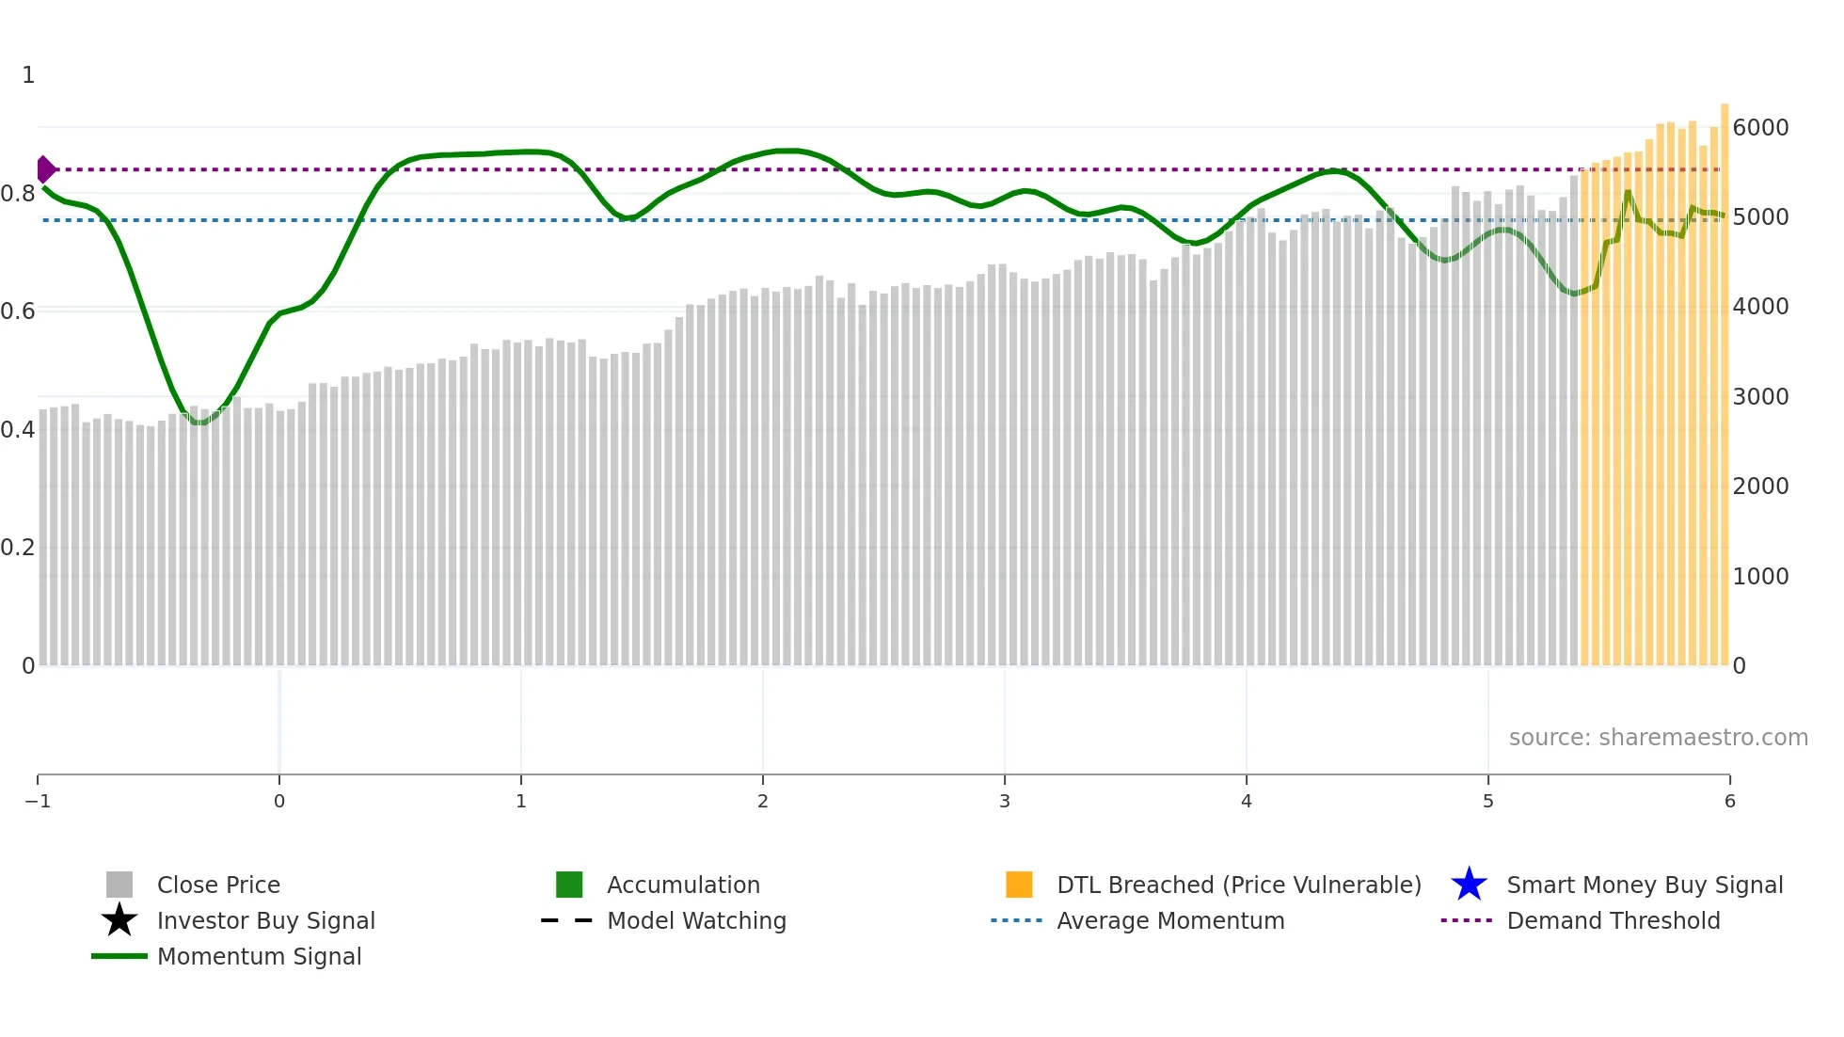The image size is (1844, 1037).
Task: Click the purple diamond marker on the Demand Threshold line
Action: pos(45,169)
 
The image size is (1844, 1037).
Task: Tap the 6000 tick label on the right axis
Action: pos(1760,128)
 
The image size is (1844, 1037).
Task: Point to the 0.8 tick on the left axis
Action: pos(17,194)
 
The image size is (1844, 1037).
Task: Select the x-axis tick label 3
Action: pos(1005,801)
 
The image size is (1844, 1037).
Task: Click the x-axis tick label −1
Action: pos(38,801)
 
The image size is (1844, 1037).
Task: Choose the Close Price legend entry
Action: pos(218,885)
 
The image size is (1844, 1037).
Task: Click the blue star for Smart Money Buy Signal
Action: pos(1469,885)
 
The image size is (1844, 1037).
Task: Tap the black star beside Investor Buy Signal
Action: pos(119,920)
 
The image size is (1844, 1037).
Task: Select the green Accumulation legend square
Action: pos(569,885)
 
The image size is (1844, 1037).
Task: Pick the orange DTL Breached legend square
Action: pos(1019,885)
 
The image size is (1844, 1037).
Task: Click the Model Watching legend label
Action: pos(696,920)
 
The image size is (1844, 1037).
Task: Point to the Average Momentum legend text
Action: pos(1170,920)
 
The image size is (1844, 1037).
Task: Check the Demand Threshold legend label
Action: pos(1613,920)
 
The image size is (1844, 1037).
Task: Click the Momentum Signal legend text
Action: pos(259,956)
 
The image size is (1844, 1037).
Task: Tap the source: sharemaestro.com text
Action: pos(1658,738)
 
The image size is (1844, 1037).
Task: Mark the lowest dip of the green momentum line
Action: pos(199,423)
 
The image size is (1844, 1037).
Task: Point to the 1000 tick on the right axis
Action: pos(1760,576)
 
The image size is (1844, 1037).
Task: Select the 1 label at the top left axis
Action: pos(28,75)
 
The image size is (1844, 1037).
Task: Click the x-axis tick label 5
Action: pos(1488,801)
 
